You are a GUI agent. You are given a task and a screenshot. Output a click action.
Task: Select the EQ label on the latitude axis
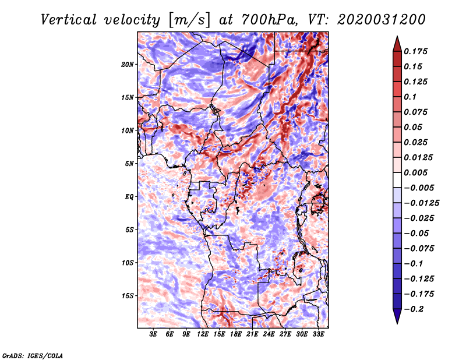pos(129,197)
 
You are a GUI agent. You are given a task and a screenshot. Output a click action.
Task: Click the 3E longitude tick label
pos(154,335)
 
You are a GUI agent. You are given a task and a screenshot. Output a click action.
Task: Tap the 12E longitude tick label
pos(203,335)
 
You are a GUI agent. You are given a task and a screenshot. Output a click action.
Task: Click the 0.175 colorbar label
pos(416,51)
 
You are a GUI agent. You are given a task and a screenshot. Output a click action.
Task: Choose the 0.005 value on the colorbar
pos(416,173)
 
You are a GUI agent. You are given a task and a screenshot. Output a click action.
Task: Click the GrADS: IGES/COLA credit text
pos(33,355)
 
